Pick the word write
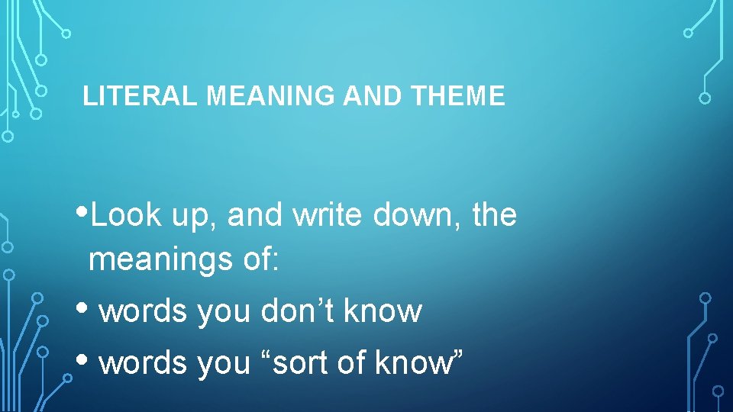pyautogui.click(x=331, y=216)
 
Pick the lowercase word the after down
pyautogui.click(x=494, y=216)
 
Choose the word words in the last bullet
pyautogui.click(x=143, y=363)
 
